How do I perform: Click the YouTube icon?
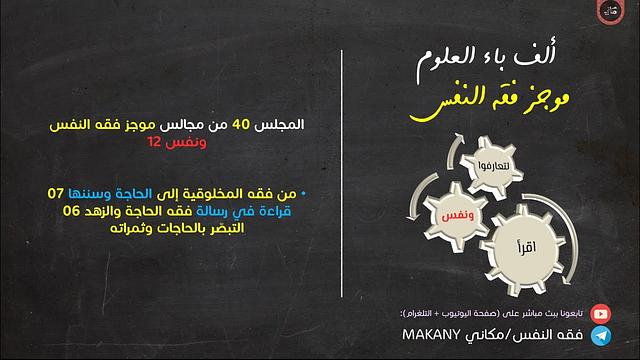click(x=601, y=313)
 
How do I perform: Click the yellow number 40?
click(x=240, y=125)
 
